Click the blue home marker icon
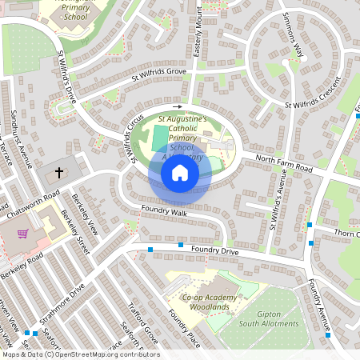180,173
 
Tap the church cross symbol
58,173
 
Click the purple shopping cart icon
23,234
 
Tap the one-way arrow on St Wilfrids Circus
177,106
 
